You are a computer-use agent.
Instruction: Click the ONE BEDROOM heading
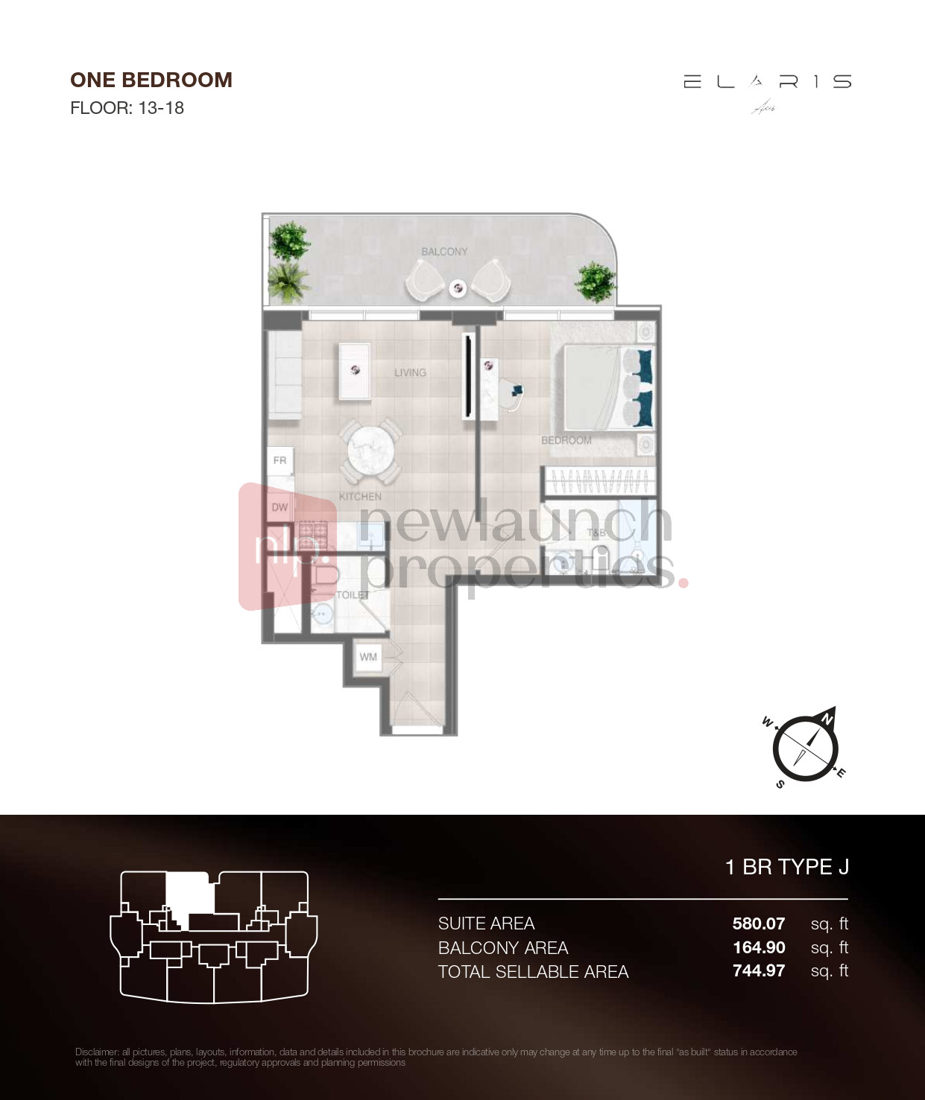(x=151, y=80)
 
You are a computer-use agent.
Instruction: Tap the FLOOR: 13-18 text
(x=127, y=108)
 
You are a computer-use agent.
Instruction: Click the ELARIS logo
(x=767, y=83)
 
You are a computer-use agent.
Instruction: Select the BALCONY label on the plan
(x=444, y=252)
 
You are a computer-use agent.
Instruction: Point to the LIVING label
(x=410, y=372)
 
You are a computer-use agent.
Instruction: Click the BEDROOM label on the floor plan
(x=566, y=440)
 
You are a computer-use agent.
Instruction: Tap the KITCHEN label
(x=360, y=496)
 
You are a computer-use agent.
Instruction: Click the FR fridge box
(x=280, y=460)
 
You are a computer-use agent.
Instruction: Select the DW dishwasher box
(x=280, y=507)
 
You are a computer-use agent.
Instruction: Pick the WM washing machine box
(x=368, y=657)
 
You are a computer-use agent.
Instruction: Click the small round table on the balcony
(x=458, y=287)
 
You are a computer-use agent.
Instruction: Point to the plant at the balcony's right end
(x=594, y=282)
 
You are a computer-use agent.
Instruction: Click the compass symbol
(x=805, y=747)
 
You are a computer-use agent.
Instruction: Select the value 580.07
(x=758, y=923)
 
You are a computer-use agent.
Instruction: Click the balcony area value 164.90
(x=759, y=947)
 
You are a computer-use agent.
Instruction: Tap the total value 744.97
(x=758, y=970)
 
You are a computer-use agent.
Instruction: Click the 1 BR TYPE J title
(x=786, y=867)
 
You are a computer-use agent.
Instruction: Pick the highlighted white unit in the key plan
(x=189, y=893)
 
